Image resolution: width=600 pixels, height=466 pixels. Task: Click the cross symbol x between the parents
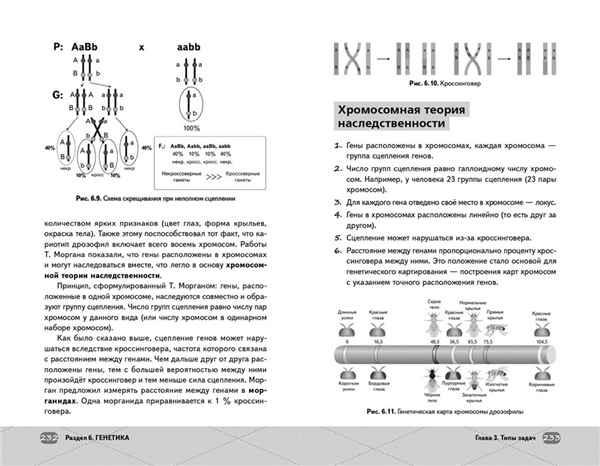(142, 47)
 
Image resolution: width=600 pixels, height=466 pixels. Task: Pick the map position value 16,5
(379, 341)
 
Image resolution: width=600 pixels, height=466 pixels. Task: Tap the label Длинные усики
(347, 315)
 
